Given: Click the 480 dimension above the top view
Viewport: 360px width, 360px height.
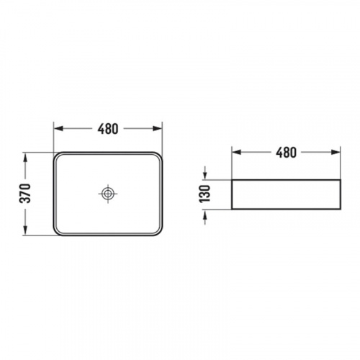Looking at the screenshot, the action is [x=108, y=129].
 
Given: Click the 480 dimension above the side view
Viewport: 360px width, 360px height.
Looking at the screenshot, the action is [x=286, y=153].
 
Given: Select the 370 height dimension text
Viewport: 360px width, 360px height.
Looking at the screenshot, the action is [x=25, y=194].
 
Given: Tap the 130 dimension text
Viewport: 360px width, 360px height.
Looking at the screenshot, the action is [x=204, y=194].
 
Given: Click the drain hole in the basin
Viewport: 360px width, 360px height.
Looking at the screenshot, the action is [x=108, y=194].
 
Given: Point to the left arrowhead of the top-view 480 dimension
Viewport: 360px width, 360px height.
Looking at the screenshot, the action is [x=58, y=129].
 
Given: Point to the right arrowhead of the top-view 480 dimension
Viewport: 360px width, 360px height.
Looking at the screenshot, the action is [x=158, y=129].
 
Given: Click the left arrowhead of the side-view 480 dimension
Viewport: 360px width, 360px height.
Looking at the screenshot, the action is [x=236, y=152].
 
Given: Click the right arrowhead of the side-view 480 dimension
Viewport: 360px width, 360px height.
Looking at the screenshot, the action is [x=336, y=152].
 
